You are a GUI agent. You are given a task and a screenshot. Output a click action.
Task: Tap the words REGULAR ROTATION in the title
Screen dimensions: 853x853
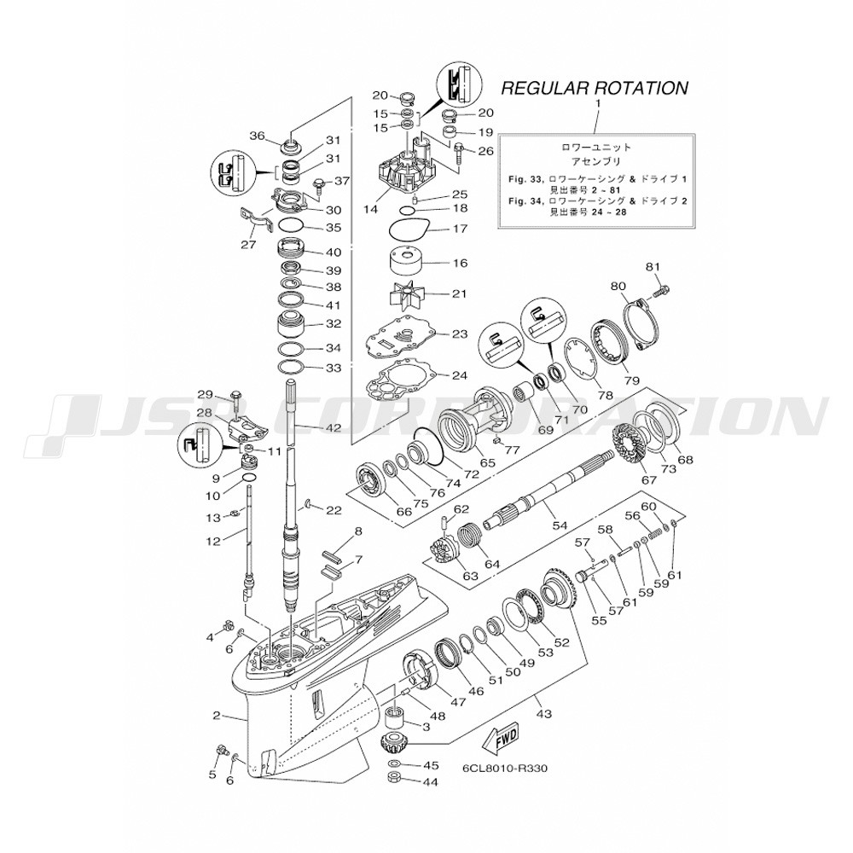point(594,88)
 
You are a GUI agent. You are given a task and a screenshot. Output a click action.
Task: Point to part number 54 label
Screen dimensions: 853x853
point(560,526)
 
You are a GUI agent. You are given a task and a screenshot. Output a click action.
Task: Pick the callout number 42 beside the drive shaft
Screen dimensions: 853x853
point(332,427)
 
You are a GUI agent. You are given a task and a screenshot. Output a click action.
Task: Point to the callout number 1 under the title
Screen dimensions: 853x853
point(597,103)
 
